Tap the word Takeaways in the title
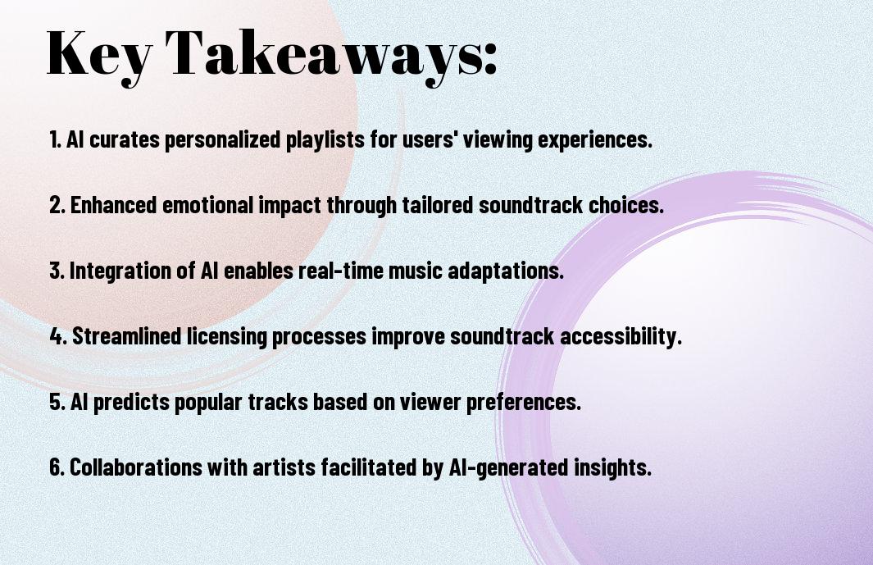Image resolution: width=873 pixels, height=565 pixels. click(x=323, y=57)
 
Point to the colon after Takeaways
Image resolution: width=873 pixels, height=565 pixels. click(x=490, y=60)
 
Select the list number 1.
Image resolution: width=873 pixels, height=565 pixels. click(x=55, y=139)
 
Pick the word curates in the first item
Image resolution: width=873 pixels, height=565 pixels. click(x=125, y=139)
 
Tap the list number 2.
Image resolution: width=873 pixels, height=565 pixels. click(x=57, y=205)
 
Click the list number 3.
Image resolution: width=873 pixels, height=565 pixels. click(x=57, y=271)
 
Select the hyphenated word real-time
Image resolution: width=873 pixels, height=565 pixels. click(x=341, y=271)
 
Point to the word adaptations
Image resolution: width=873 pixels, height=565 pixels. click(x=505, y=271)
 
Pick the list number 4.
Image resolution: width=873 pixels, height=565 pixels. click(x=58, y=336)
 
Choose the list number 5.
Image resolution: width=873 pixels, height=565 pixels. click(x=57, y=401)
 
